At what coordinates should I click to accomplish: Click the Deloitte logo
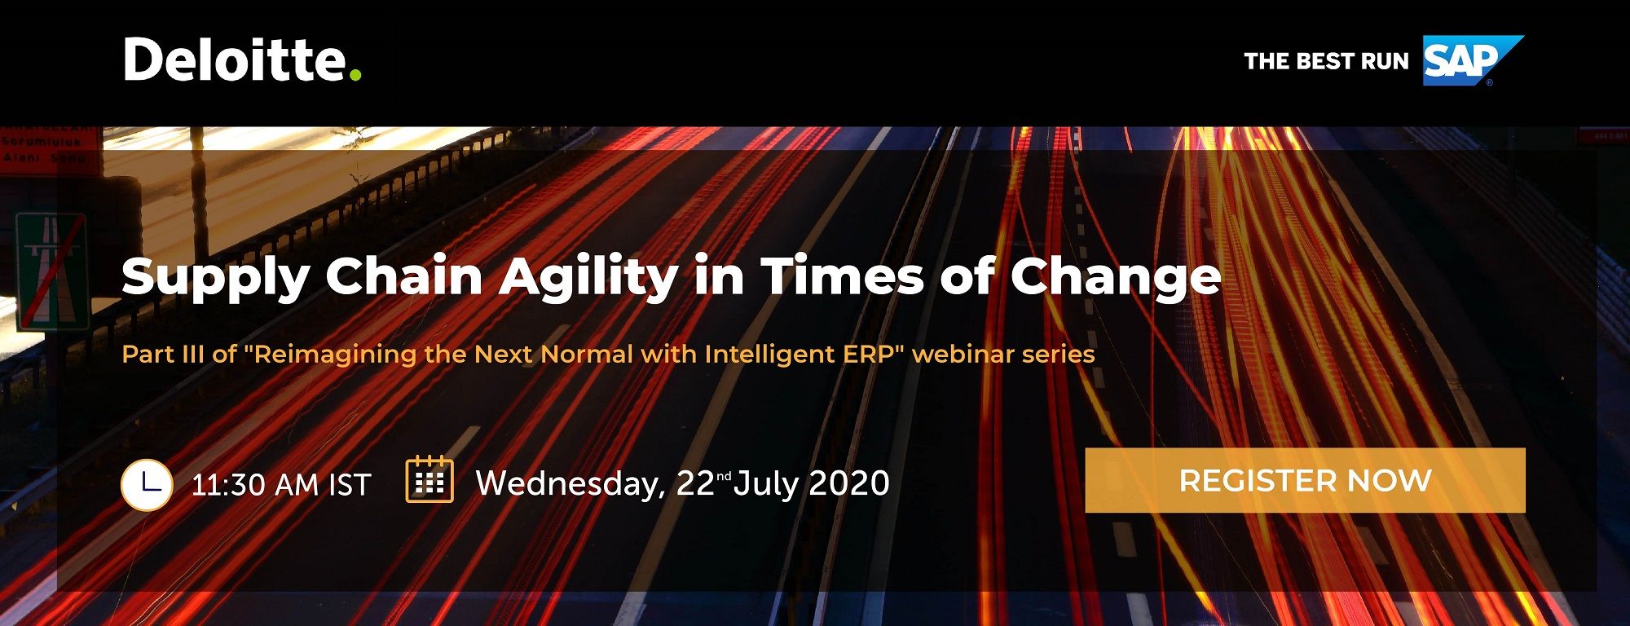pyautogui.click(x=242, y=60)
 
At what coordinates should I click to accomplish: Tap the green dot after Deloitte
pyautogui.click(x=355, y=75)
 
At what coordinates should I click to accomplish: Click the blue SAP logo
pyautogui.click(x=1473, y=60)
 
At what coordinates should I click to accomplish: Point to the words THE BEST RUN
pyautogui.click(x=1326, y=61)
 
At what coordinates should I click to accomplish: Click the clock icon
pyautogui.click(x=147, y=485)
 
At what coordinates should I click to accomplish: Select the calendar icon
pyautogui.click(x=430, y=479)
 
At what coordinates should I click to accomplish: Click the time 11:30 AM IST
pyautogui.click(x=281, y=485)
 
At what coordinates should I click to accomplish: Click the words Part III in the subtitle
pyautogui.click(x=163, y=354)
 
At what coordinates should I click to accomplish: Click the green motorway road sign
pyautogui.click(x=51, y=271)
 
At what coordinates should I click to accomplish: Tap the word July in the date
pyautogui.click(x=766, y=484)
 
